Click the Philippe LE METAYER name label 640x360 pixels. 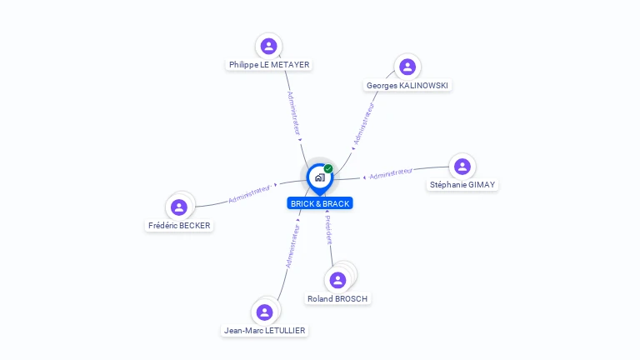coord(269,64)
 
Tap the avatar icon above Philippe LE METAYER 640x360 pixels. coord(268,46)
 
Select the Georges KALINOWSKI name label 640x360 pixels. coord(408,85)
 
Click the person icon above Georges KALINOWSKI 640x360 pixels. coord(407,67)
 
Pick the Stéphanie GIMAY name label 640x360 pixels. coord(462,185)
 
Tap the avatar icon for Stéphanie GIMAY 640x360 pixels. coord(462,167)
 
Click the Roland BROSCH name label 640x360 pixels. coord(337,298)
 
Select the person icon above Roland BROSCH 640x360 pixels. coord(337,280)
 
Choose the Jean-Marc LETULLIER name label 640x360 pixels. coord(265,331)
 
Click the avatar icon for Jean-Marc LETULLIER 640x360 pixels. coord(265,312)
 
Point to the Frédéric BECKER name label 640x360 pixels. coord(179,226)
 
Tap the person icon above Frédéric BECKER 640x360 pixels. coord(178,207)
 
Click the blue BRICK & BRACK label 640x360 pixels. coord(320,203)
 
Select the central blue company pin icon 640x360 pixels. coord(319,177)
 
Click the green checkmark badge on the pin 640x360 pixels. coord(328,168)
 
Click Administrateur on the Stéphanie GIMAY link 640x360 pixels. coord(391,173)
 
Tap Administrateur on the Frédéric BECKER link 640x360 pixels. coord(249,194)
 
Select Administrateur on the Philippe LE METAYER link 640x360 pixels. coord(292,112)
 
